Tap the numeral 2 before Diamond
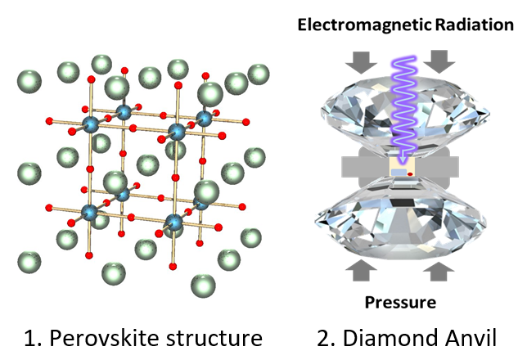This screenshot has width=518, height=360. click(x=324, y=338)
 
